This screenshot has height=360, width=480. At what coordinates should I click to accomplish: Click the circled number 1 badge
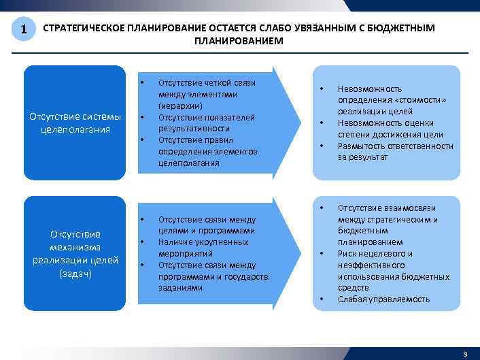[x=24, y=29]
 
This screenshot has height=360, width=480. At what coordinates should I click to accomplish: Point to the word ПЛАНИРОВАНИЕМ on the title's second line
[x=239, y=41]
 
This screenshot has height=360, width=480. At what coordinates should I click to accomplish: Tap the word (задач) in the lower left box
[x=75, y=274]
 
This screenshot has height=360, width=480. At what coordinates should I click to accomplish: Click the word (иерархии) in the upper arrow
[x=177, y=105]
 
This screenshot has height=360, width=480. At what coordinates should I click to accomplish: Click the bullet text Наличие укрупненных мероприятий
[x=203, y=248]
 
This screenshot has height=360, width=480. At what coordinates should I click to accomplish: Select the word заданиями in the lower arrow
[x=180, y=288]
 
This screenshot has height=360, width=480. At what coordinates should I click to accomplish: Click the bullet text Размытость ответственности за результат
[x=395, y=151]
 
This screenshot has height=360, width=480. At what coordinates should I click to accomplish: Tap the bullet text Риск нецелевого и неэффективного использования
[x=393, y=265]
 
